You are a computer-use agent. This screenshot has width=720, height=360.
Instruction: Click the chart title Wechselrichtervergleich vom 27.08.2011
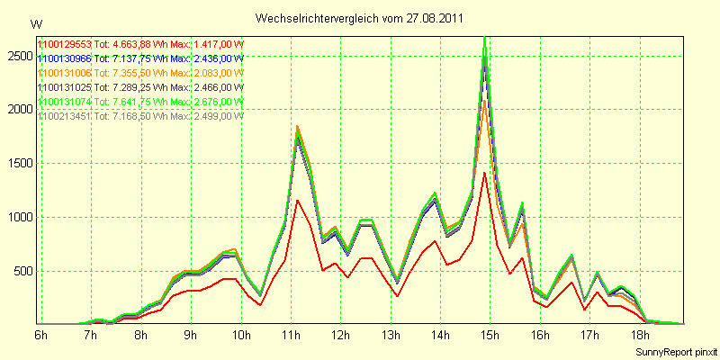pos(360,18)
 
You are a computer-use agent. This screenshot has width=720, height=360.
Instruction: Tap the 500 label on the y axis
pos(22,271)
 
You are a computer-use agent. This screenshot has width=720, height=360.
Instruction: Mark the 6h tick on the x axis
pos(41,336)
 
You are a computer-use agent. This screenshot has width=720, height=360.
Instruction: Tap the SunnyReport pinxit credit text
pos(674,350)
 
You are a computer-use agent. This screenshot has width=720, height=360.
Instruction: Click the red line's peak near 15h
pos(485,173)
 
